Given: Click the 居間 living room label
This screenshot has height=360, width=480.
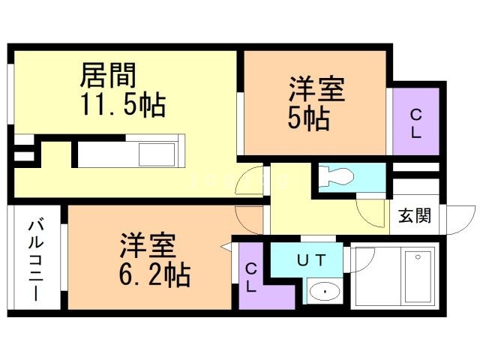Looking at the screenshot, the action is click(108, 75).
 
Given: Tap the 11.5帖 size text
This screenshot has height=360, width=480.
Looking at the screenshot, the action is click(123, 105).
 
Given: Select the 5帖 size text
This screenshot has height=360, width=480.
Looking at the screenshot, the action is click(308, 118).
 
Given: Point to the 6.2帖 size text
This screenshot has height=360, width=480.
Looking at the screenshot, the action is click(154, 274).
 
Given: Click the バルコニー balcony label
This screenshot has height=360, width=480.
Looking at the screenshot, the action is click(36, 260).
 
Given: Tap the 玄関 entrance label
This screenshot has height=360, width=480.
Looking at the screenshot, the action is click(415, 215).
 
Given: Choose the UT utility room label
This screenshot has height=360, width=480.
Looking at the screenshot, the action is click(311, 260).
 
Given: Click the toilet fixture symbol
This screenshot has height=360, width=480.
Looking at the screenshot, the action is click(336, 177).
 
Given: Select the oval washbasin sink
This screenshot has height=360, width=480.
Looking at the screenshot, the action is click(325, 290).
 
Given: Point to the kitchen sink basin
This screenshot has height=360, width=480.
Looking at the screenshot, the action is click(157, 154).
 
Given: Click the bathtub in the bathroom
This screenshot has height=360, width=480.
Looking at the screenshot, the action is click(419, 277).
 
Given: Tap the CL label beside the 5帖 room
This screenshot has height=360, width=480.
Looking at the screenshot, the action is click(415, 124).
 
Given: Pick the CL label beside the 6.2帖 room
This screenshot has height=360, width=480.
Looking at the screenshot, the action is click(251, 278).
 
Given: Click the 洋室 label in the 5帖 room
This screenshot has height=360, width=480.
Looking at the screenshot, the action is click(316, 89).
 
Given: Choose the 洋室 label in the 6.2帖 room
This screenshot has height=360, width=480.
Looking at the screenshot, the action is click(148, 245).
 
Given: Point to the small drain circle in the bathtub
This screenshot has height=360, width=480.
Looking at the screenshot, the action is click(418, 257).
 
